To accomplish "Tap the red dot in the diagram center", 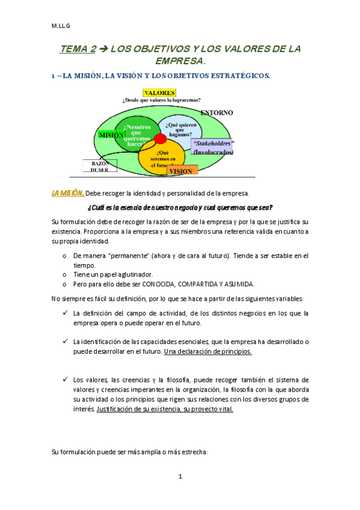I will (x=160, y=140).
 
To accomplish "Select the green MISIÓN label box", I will (x=111, y=135).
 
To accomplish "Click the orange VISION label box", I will (x=182, y=171).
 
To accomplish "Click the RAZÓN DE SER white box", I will (x=99, y=166).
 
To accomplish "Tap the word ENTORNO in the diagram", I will (x=216, y=112).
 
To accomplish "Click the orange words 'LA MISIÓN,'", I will (x=67, y=193).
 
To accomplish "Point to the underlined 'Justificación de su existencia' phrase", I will (x=139, y=409).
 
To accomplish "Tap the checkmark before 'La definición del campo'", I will (x=65, y=313).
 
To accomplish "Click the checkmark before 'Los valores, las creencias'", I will (x=65, y=380).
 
